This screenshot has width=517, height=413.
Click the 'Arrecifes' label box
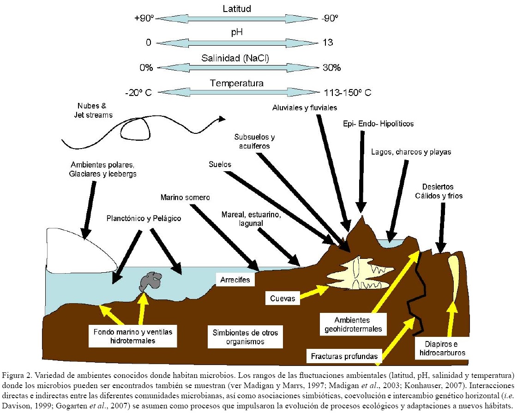click(x=235, y=280)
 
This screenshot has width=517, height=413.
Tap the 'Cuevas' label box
click(x=283, y=298)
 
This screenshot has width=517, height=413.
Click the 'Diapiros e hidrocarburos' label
click(x=441, y=348)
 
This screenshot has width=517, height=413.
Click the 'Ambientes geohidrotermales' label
click(x=353, y=324)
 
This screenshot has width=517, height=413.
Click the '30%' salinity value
click(x=331, y=67)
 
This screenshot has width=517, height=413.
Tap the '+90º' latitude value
click(x=143, y=18)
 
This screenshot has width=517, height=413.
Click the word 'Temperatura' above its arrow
click(x=237, y=84)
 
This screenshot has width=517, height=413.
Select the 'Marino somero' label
click(x=185, y=198)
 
